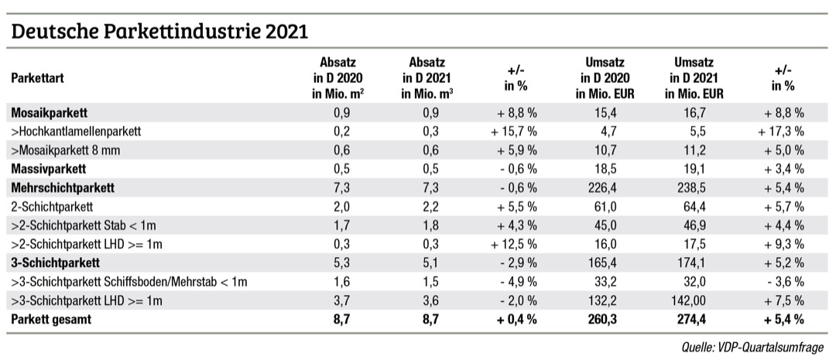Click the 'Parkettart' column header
pyautogui.click(x=38, y=78)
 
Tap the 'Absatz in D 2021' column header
pyautogui.click(x=426, y=78)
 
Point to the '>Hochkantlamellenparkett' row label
pyautogui.click(x=75, y=131)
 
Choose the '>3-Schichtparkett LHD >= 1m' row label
pyautogui.click(x=86, y=300)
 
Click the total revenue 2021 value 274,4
pyautogui.click(x=694, y=318)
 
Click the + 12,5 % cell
pyautogui.click(x=514, y=243)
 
